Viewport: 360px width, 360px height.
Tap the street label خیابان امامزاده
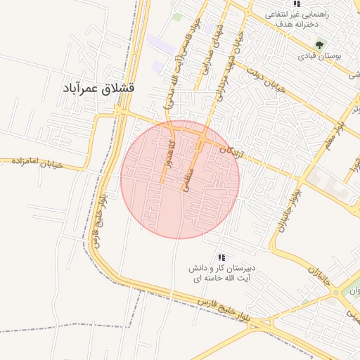37,162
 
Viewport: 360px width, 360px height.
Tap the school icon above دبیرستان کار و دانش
222,257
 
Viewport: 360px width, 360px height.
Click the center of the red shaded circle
180,179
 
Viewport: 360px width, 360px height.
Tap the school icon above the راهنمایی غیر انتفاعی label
297,4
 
